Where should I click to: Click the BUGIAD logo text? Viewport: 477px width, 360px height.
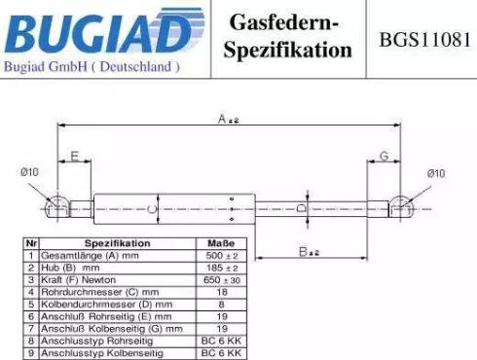pyautogui.click(x=97, y=31)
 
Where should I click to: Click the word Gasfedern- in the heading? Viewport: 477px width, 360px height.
pyautogui.click(x=283, y=22)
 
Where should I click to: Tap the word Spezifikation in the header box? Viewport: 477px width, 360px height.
pyautogui.click(x=287, y=50)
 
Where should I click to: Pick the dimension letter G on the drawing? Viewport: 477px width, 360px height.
pyautogui.click(x=384, y=156)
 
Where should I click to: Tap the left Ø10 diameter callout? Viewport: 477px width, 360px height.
pyautogui.click(x=29, y=172)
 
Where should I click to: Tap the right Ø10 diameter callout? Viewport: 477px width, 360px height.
pyautogui.click(x=435, y=173)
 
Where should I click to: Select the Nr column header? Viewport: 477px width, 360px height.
pyautogui.click(x=31, y=243)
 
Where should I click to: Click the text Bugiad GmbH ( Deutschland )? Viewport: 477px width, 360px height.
pyautogui.click(x=92, y=67)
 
